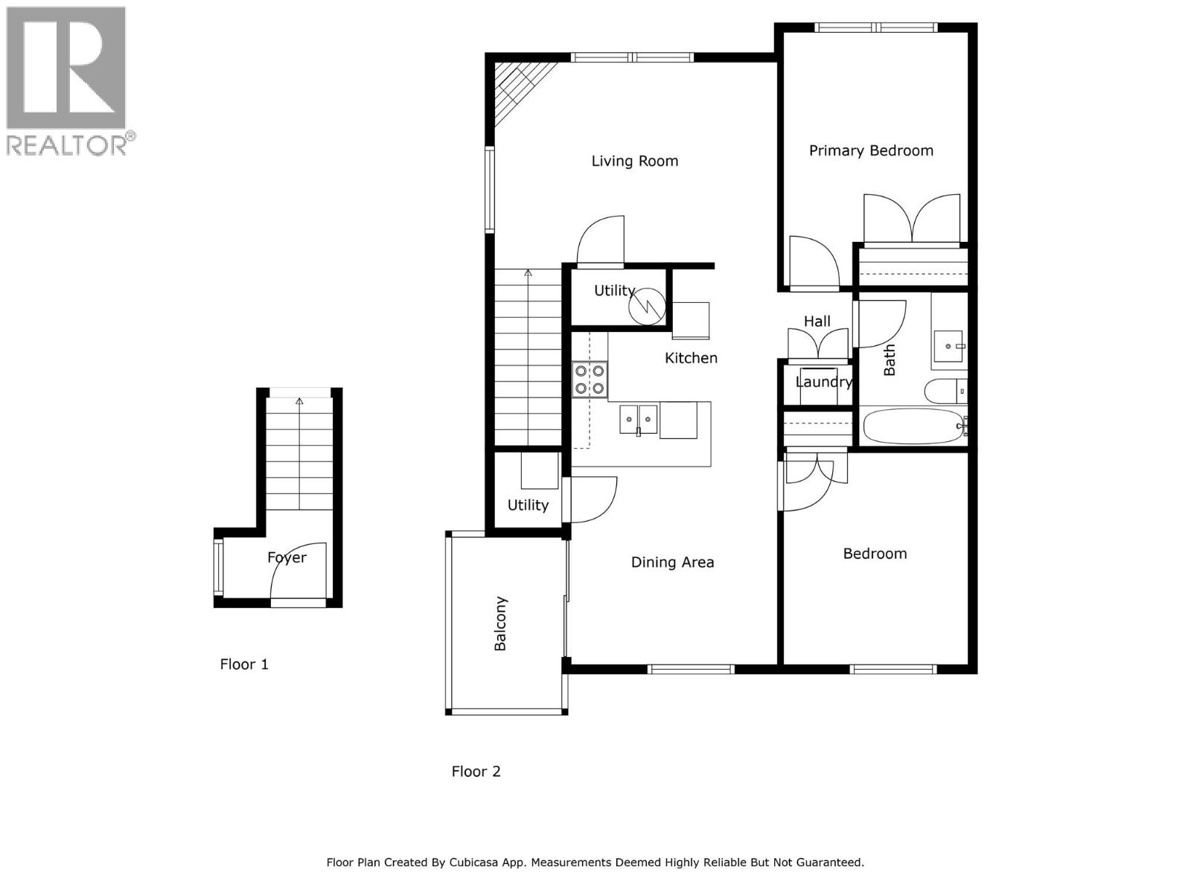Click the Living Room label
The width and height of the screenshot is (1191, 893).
pyautogui.click(x=634, y=161)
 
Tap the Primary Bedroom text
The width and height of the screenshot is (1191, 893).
pyautogui.click(x=871, y=150)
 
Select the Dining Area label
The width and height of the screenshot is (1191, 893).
pyautogui.click(x=672, y=562)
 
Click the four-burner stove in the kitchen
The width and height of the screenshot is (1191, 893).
pyautogui.click(x=590, y=379)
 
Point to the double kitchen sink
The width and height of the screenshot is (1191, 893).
pyautogui.click(x=639, y=420)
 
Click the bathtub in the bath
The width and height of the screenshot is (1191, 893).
pyautogui.click(x=914, y=426)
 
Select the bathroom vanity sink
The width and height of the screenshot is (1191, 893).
pyautogui.click(x=948, y=347)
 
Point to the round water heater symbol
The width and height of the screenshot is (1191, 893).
pyautogui.click(x=647, y=306)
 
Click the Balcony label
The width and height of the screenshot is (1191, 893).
pyautogui.click(x=500, y=624)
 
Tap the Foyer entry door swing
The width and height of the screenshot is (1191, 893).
pyautogui.click(x=296, y=573)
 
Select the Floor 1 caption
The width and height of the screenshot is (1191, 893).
pyautogui.click(x=244, y=664)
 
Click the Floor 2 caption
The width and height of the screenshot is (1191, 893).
pyautogui.click(x=476, y=771)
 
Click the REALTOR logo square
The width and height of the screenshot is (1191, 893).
pyautogui.click(x=66, y=68)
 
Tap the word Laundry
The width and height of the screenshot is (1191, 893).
pyautogui.click(x=823, y=382)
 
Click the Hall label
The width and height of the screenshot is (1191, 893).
pyautogui.click(x=817, y=321)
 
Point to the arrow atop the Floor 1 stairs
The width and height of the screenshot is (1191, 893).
pyautogui.click(x=299, y=401)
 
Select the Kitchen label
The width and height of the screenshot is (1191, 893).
pyautogui.click(x=691, y=358)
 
